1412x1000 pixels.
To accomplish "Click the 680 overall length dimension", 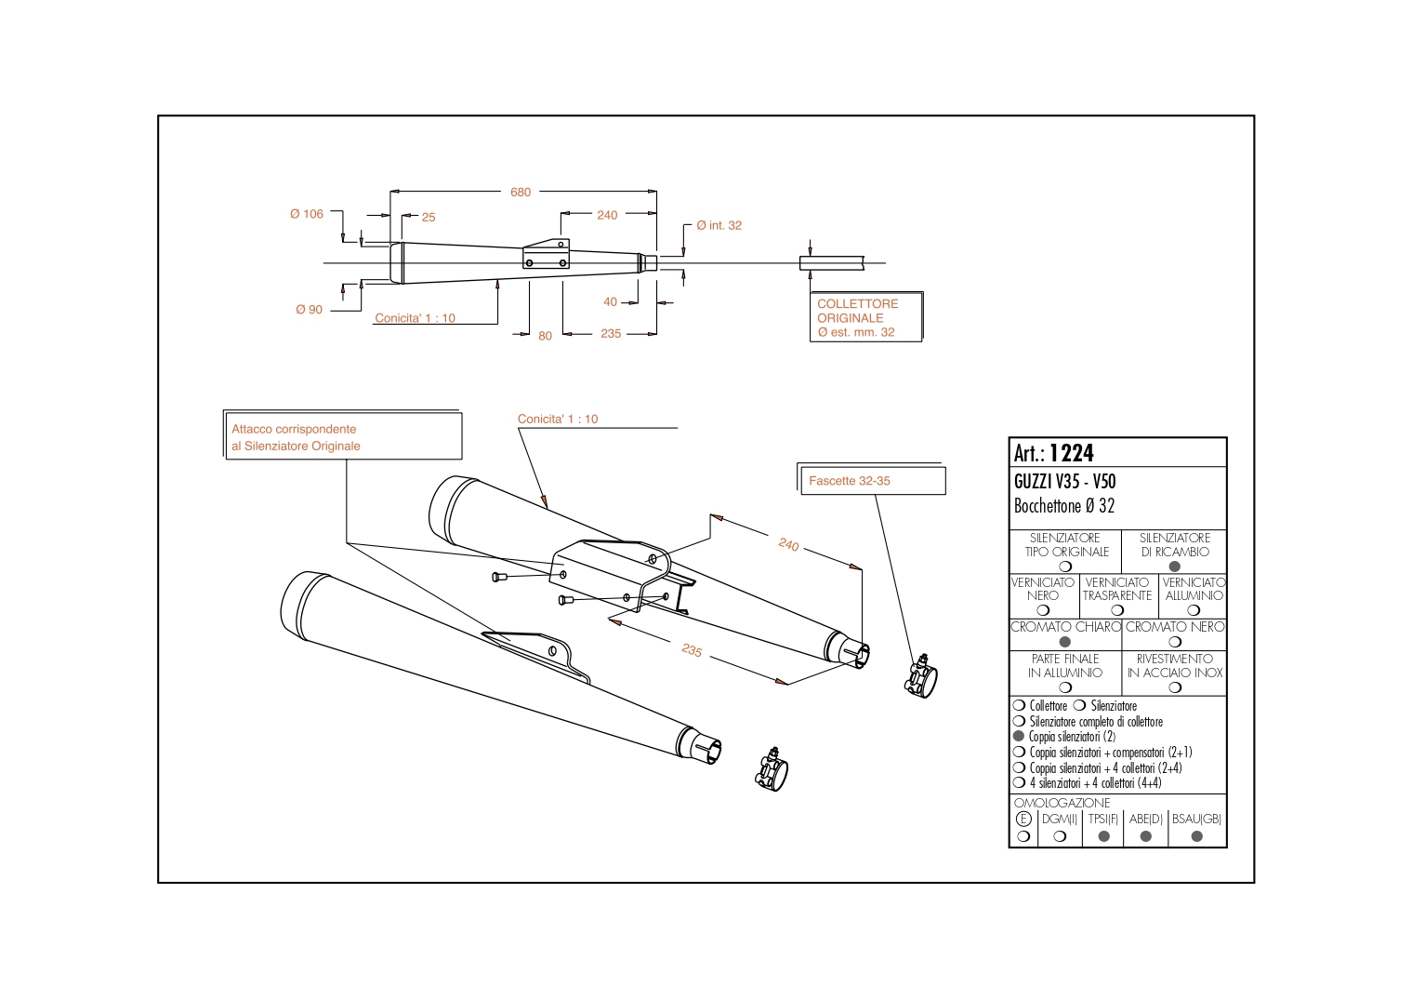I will tap(521, 193).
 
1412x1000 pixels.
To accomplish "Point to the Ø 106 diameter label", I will tap(307, 214).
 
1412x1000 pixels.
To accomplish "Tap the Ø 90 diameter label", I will tap(309, 310).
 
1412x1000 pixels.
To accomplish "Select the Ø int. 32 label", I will tap(719, 225).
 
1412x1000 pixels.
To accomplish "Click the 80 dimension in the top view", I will tap(545, 336).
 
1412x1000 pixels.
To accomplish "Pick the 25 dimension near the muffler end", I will tap(429, 217).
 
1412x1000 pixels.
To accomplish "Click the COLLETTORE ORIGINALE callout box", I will tap(865, 317).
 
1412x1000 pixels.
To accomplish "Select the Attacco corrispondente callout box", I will tap(343, 437).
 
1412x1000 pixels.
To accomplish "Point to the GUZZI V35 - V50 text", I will tap(1064, 482).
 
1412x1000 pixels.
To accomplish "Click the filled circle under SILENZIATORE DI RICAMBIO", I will tap(1175, 567).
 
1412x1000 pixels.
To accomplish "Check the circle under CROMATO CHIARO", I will tap(1065, 642).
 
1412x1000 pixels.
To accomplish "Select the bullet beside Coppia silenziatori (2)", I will tap(1019, 737).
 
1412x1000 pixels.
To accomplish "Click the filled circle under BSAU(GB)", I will tap(1196, 836).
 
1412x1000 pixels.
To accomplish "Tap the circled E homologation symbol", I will tap(1023, 820).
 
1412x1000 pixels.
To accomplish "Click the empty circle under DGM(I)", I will tap(1060, 836).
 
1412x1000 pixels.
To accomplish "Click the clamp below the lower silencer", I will tap(771, 769).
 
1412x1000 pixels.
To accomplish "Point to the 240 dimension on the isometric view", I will tap(788, 544).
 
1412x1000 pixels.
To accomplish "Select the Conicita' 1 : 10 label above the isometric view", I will tap(558, 420).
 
